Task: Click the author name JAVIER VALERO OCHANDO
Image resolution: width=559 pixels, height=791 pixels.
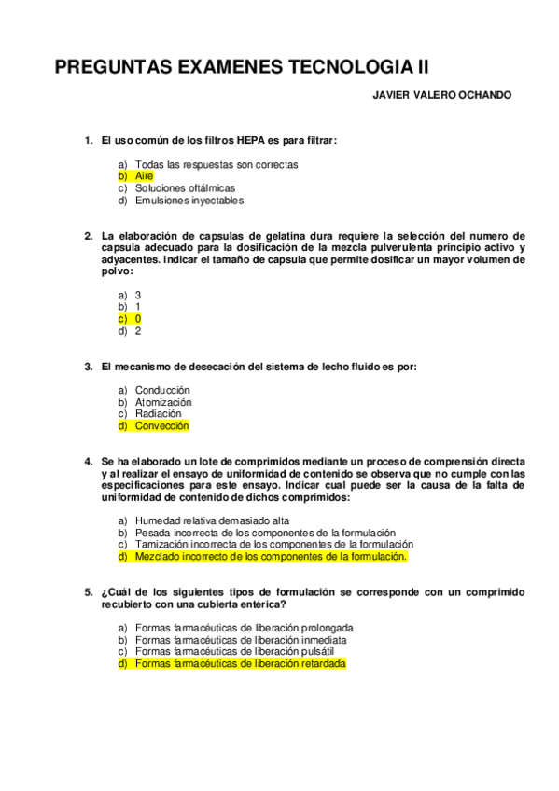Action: click(441, 95)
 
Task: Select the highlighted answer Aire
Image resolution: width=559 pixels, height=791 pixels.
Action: click(144, 175)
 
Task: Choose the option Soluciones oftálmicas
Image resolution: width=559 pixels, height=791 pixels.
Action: click(185, 187)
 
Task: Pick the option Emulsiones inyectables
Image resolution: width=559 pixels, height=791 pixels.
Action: click(189, 200)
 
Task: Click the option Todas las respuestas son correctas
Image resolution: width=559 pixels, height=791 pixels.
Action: click(217, 164)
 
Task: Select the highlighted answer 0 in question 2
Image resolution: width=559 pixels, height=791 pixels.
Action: click(138, 318)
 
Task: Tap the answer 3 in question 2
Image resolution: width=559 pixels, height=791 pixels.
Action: click(138, 295)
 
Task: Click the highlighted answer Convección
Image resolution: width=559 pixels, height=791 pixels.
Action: click(161, 425)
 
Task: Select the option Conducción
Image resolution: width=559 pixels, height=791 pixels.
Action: click(162, 390)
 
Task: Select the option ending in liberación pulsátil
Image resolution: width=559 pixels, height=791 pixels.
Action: click(238, 652)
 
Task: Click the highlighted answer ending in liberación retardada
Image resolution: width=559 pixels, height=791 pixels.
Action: click(240, 664)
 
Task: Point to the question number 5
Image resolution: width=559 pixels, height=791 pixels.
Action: click(88, 592)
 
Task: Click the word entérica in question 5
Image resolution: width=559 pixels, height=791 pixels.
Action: click(255, 604)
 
